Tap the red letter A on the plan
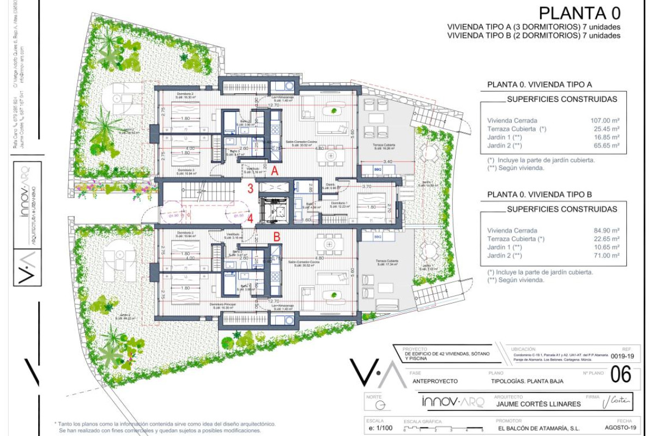click(x=275, y=171)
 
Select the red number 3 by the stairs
click(x=250, y=190)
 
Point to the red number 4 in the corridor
click(x=250, y=220)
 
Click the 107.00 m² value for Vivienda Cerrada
click(x=608, y=120)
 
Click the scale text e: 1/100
click(x=380, y=428)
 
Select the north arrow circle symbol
click(x=383, y=405)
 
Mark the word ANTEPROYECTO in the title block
click(x=435, y=381)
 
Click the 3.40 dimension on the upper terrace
click(x=388, y=161)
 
